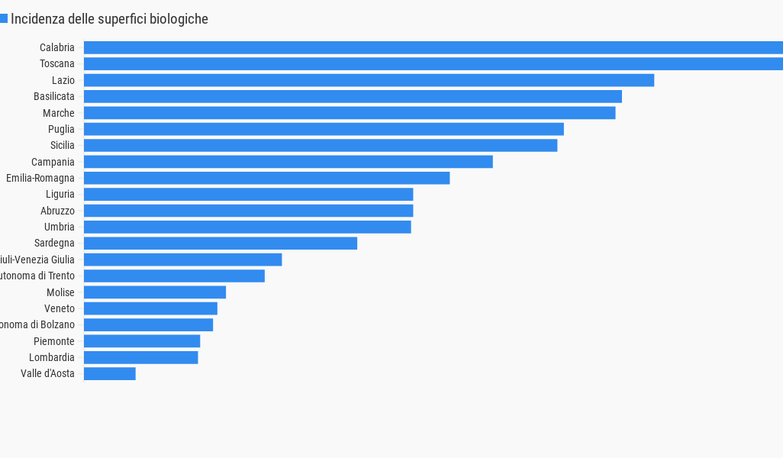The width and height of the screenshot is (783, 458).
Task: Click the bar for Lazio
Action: tap(369, 80)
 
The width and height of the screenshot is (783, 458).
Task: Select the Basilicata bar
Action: tap(353, 96)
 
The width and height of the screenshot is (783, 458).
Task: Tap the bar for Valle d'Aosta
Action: tap(109, 373)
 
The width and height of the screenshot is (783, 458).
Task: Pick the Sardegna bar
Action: tap(220, 244)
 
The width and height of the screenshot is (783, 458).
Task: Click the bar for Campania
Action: tap(288, 162)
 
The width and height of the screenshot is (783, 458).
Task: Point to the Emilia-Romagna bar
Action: tap(266, 178)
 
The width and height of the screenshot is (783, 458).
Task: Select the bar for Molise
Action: tap(154, 292)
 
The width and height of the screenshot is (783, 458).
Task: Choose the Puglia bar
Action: tap(324, 129)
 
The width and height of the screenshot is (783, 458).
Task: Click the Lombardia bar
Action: tap(140, 357)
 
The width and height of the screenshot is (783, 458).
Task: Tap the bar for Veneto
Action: tap(150, 308)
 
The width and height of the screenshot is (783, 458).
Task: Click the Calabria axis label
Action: tap(57, 47)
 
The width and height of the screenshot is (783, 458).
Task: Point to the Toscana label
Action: tap(57, 63)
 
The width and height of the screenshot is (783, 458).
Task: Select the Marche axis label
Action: tap(59, 113)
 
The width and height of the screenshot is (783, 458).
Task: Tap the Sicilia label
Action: tap(62, 145)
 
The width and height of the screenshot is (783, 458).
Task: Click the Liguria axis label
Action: tap(60, 195)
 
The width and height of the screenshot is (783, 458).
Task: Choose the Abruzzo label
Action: tap(57, 211)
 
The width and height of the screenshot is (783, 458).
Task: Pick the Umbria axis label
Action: tap(60, 227)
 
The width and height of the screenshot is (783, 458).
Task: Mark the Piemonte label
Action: tap(54, 341)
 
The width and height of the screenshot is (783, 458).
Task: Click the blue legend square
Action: tap(3, 18)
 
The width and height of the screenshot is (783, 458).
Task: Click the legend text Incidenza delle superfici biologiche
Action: tap(109, 19)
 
